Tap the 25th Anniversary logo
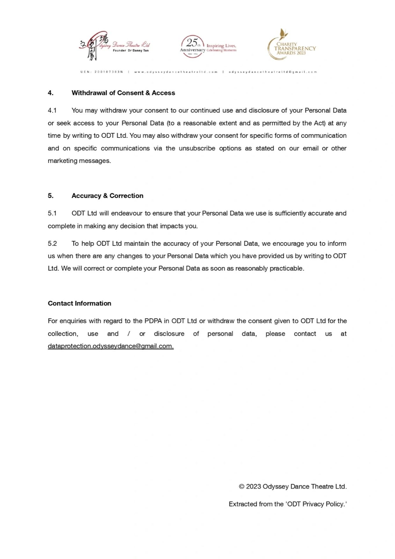point(208,47)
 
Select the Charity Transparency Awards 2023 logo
point(291,45)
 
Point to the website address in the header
point(176,72)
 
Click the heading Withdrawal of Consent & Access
point(123,93)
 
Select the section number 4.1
point(52,110)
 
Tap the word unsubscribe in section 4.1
point(197,148)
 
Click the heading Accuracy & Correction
point(107,196)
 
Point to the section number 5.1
point(52,213)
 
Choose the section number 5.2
point(52,244)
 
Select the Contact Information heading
point(79,303)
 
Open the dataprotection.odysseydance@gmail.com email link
point(111,346)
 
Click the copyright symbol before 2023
point(241,487)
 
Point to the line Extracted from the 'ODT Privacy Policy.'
point(287,504)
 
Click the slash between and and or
point(129,334)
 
